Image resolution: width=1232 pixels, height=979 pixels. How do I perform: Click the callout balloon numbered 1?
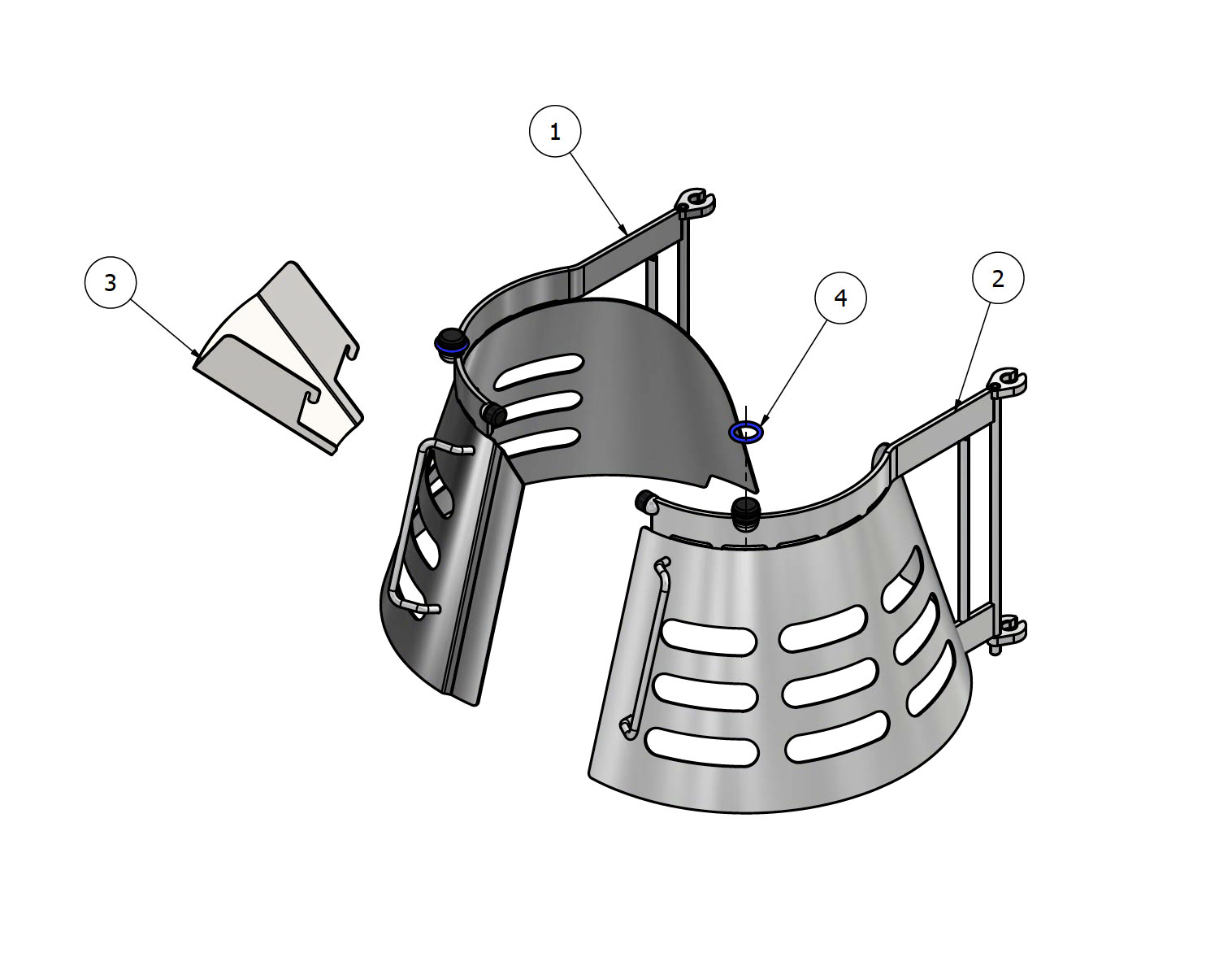(x=555, y=131)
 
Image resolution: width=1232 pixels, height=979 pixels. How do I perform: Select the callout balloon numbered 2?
(x=998, y=278)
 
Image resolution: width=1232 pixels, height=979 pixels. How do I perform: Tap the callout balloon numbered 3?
(x=111, y=282)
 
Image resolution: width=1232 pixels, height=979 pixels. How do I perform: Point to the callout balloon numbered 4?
(x=840, y=298)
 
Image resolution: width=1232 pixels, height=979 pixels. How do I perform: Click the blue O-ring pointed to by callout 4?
(x=745, y=432)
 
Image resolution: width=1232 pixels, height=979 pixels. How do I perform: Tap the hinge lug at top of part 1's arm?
(x=696, y=202)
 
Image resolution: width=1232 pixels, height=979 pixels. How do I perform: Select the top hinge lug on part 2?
(x=1009, y=381)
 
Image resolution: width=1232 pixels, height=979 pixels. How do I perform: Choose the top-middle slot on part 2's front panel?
(x=822, y=628)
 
